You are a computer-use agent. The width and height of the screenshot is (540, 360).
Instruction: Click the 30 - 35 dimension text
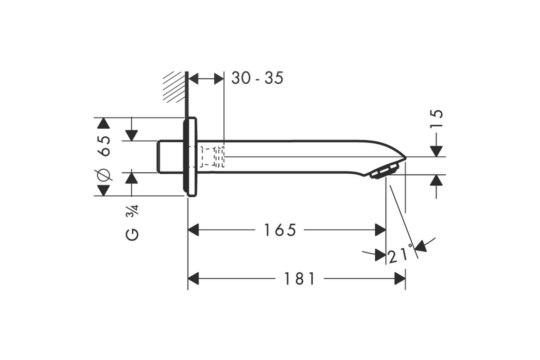257,78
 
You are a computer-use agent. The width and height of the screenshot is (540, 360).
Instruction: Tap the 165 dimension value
280,230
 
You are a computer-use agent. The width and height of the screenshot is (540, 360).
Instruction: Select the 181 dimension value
299,279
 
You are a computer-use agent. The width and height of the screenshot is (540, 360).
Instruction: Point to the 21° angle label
401,254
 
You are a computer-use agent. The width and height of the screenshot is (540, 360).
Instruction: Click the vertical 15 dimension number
436,118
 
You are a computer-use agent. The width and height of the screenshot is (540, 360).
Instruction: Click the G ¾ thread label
132,222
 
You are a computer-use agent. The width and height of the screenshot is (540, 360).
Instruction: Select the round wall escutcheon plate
190,157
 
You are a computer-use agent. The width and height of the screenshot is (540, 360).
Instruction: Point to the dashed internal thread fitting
212,157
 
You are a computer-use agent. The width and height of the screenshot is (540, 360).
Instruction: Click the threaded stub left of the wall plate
170,157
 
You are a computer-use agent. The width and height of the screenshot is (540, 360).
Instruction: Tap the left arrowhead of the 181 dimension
193,279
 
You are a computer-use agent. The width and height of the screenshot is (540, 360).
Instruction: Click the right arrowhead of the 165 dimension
381,230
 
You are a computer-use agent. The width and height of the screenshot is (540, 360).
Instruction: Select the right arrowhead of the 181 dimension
400,279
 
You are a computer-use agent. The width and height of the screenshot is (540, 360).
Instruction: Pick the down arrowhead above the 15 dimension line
436,151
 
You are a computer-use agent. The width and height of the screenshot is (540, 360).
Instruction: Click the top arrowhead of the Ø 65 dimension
103,123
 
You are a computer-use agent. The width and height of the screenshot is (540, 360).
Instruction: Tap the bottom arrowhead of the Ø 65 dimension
103,190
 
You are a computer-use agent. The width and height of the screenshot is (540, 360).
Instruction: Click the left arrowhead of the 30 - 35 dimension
193,78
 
